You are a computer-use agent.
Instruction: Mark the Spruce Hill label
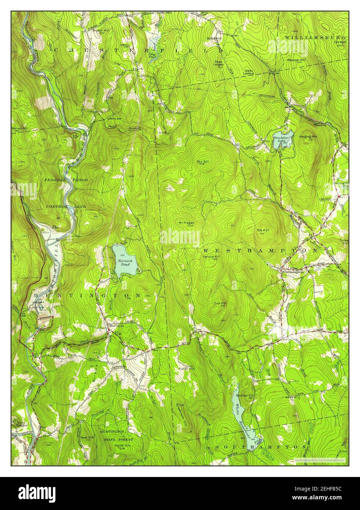211,257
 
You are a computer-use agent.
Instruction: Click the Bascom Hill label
296,59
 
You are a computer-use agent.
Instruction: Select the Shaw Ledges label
219,63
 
